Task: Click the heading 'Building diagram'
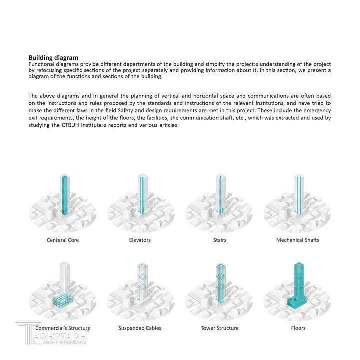53,58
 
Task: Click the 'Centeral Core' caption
63,240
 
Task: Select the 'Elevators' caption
140,240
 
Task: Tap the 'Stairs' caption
219,240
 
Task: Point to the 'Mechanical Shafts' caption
298,240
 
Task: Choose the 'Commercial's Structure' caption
63,328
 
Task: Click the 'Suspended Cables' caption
140,328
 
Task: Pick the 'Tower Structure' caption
219,328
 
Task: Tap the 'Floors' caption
298,328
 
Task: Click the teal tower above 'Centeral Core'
63,195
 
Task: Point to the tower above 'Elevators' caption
141,195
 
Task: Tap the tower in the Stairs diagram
220,195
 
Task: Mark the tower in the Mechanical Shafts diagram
298,195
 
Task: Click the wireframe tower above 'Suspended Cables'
141,282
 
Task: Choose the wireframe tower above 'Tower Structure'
220,282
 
